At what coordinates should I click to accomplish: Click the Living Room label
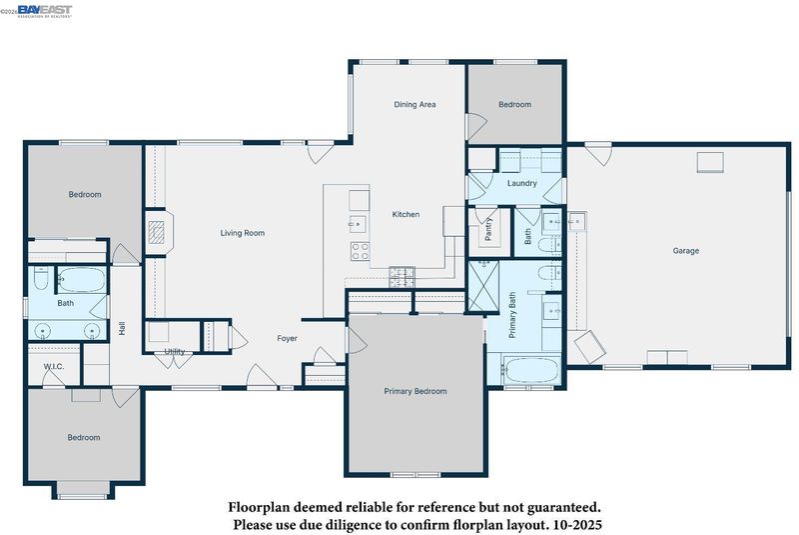click(243, 233)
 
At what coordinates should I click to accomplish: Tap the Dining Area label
click(414, 105)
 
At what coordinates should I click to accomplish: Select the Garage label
click(686, 251)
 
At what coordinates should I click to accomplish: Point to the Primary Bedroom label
click(415, 391)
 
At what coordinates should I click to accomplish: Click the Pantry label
click(488, 229)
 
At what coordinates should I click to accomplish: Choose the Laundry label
click(521, 183)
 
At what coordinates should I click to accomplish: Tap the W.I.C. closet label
click(54, 367)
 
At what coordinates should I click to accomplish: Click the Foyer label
click(287, 338)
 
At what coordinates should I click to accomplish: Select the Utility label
click(174, 351)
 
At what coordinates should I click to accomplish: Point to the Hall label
click(122, 328)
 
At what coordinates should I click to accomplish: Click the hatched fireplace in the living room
click(157, 232)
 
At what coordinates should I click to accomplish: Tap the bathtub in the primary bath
click(530, 370)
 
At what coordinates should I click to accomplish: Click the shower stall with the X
click(483, 286)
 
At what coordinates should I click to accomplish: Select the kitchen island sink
click(358, 223)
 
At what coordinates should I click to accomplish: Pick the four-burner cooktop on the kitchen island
click(360, 251)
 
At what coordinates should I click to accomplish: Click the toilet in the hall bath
click(41, 278)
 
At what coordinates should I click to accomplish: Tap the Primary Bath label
click(512, 315)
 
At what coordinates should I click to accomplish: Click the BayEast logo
click(45, 11)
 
